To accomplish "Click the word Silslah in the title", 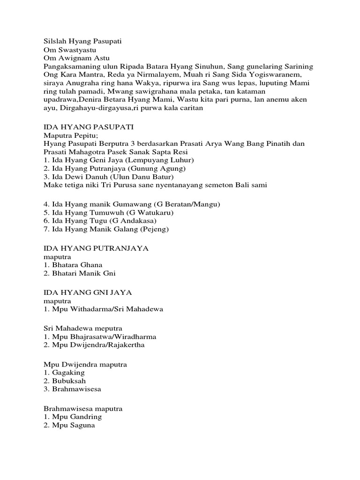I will pyautogui.click(x=56, y=41).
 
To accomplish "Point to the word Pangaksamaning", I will pyautogui.click(x=70, y=67).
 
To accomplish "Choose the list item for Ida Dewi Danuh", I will pyautogui.click(x=109, y=177).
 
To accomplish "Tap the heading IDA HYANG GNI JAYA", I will pyautogui.click(x=88, y=292).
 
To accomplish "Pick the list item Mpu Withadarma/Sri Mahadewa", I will pyautogui.click(x=104, y=309).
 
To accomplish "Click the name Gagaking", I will pyautogui.click(x=68, y=373).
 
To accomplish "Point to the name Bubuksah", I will pyautogui.click(x=69, y=381).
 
